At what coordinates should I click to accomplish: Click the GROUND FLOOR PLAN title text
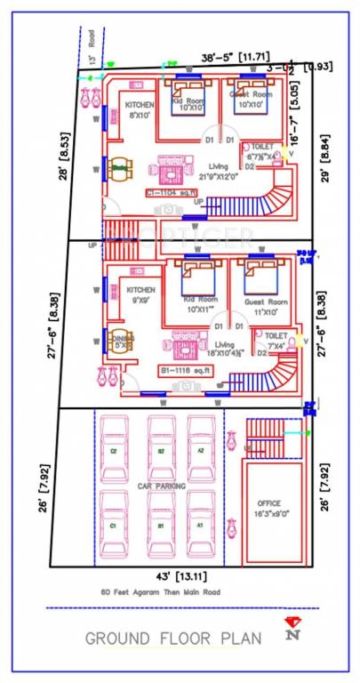pyautogui.click(x=173, y=638)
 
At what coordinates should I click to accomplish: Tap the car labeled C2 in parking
pyautogui.click(x=114, y=452)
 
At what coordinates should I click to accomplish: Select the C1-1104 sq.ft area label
pyautogui.click(x=173, y=193)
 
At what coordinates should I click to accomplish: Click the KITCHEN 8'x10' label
pyautogui.click(x=140, y=109)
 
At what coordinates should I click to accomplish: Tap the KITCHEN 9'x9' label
pyautogui.click(x=140, y=294)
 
